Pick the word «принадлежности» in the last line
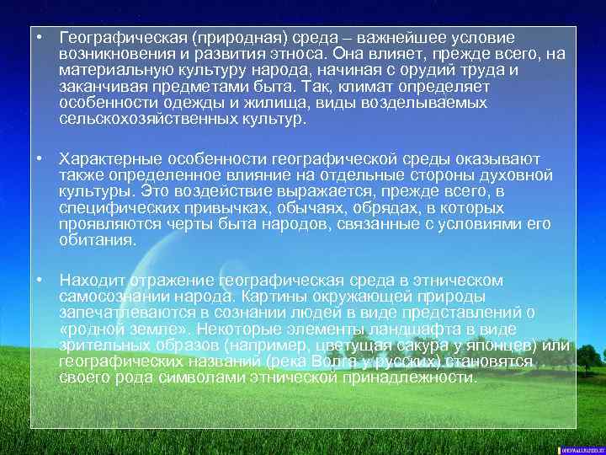(x=407, y=377)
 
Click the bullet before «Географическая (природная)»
(x=40, y=39)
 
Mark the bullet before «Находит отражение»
(x=40, y=280)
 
